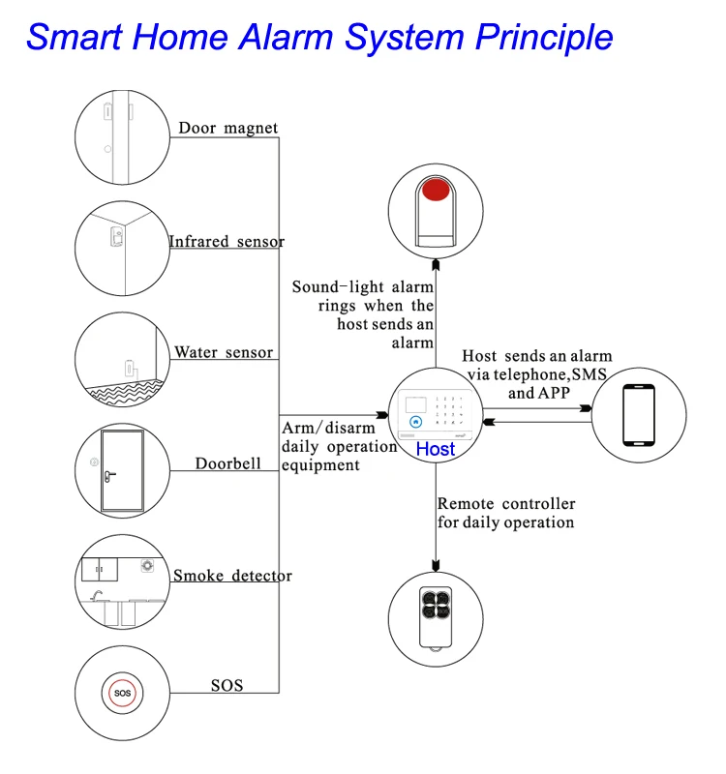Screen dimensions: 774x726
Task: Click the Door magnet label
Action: (227, 128)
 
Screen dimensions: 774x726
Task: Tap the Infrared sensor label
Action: (227, 241)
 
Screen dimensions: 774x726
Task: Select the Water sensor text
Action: (224, 352)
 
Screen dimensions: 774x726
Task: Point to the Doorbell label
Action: (227, 463)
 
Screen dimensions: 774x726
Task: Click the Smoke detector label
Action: (232, 576)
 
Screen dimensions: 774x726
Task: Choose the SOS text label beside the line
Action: (227, 686)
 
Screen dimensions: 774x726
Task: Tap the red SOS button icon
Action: (122, 693)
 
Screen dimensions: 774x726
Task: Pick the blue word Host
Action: (435, 449)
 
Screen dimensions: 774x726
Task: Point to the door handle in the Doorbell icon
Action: (112, 475)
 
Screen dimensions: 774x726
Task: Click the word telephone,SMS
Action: (537, 374)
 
